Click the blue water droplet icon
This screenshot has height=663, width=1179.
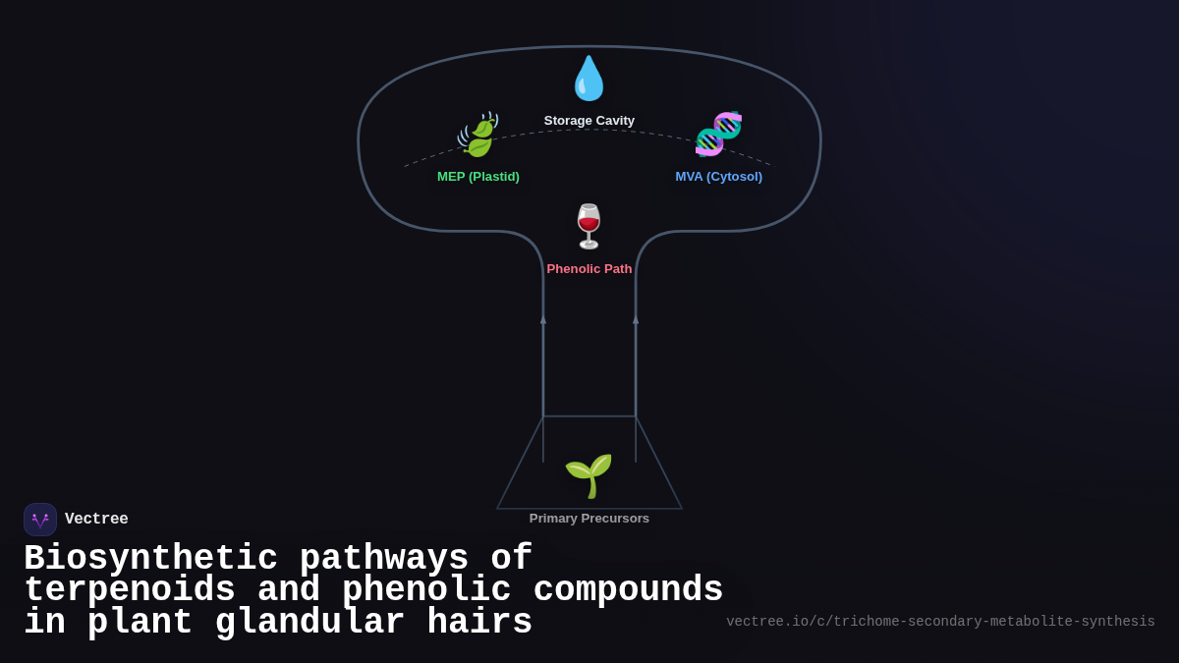[589, 79]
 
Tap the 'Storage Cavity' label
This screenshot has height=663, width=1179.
[589, 121]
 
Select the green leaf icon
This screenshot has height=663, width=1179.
[478, 136]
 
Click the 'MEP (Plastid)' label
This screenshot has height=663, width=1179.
[478, 177]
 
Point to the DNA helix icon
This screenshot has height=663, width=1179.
[718, 134]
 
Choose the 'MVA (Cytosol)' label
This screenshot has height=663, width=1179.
[718, 177]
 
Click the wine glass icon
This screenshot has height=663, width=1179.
[589, 227]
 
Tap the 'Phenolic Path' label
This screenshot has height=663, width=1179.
[589, 269]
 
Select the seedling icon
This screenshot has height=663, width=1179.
[589, 476]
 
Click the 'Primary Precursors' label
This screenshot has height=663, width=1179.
[589, 519]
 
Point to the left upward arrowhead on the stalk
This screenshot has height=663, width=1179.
[543, 319]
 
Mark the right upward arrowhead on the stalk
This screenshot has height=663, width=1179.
[636, 319]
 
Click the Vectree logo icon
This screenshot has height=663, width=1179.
[40, 520]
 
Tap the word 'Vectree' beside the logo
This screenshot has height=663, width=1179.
[96, 520]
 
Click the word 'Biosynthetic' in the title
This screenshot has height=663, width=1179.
[150, 559]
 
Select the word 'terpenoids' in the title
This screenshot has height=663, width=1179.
[130, 590]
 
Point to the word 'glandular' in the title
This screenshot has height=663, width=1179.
[309, 623]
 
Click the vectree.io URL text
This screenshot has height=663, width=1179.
[940, 622]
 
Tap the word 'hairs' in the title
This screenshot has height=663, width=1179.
[479, 623]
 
